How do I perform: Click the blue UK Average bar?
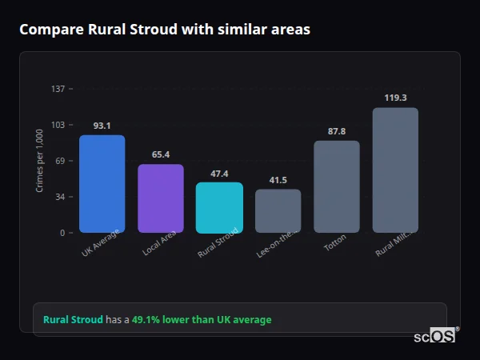102,184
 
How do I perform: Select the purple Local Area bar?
160,198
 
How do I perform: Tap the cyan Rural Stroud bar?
219,207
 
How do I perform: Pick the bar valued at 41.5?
278,211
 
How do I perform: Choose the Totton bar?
337,186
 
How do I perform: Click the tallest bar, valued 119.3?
395,170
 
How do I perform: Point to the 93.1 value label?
102,126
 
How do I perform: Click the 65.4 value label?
160,154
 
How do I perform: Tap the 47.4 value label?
219,173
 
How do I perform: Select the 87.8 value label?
337,131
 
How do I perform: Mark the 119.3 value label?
395,98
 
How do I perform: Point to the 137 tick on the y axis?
58,89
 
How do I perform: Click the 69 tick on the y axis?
60,161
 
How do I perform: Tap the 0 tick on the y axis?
62,233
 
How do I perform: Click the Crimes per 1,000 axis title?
40,161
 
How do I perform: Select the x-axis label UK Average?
100,242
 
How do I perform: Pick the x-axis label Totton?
335,242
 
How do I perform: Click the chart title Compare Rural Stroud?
165,30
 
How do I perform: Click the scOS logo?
434,336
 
